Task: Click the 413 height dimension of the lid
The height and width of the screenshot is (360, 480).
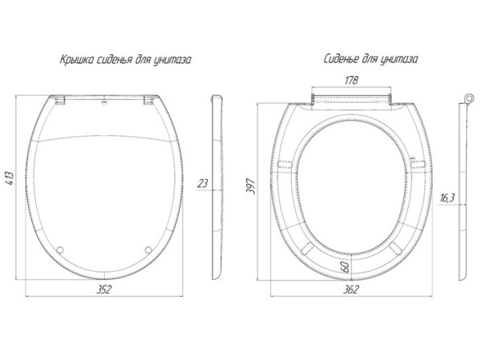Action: [x=10, y=178]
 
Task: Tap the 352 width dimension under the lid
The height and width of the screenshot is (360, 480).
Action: [x=103, y=290]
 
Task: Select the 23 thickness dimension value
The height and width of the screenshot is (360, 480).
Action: [x=202, y=183]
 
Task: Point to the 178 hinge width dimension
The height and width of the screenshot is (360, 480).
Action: [x=351, y=81]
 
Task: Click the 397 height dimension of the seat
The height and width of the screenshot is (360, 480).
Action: [x=250, y=186]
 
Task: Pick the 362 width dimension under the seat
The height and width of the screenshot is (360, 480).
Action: [x=350, y=290]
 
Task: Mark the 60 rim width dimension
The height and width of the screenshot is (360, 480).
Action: [x=346, y=267]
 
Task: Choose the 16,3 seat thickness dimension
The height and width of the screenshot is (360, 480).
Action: [x=447, y=198]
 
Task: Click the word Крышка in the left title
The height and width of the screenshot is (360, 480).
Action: [x=77, y=59]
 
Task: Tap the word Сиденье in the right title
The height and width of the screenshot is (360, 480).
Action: [x=341, y=58]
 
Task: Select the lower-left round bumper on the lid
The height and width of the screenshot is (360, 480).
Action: [x=60, y=250]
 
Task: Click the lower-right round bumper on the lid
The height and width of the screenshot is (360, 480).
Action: [x=148, y=250]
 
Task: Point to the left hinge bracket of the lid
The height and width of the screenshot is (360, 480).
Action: [x=60, y=100]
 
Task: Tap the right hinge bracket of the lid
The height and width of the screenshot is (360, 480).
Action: [x=149, y=100]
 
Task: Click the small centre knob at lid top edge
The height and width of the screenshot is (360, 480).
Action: [x=104, y=102]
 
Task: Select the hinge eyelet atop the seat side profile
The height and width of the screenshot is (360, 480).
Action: [x=468, y=98]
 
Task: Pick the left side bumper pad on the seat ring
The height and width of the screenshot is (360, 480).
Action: [x=285, y=164]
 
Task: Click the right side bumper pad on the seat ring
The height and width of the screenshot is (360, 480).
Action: [x=418, y=164]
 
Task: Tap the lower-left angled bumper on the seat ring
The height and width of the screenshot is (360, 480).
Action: [x=307, y=248]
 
